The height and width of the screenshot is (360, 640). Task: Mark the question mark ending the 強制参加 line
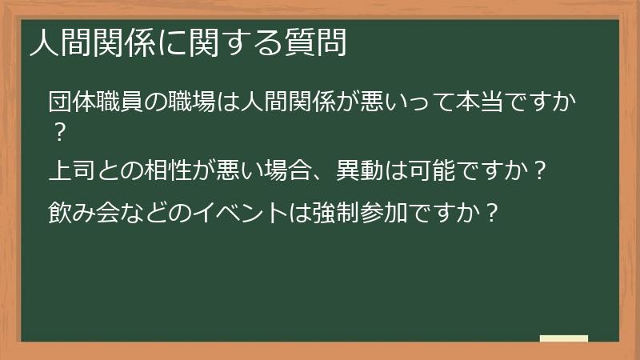pyautogui.click(x=494, y=212)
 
